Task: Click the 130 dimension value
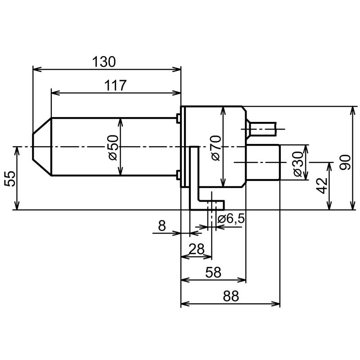(x=104, y=62)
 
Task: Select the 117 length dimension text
(x=115, y=85)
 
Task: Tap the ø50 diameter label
(x=113, y=148)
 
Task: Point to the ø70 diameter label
(x=216, y=148)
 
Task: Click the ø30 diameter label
(x=298, y=164)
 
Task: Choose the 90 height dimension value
(x=345, y=162)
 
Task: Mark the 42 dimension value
(x=322, y=185)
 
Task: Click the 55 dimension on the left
(x=10, y=179)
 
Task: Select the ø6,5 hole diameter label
(x=231, y=219)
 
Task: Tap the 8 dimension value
(x=162, y=226)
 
